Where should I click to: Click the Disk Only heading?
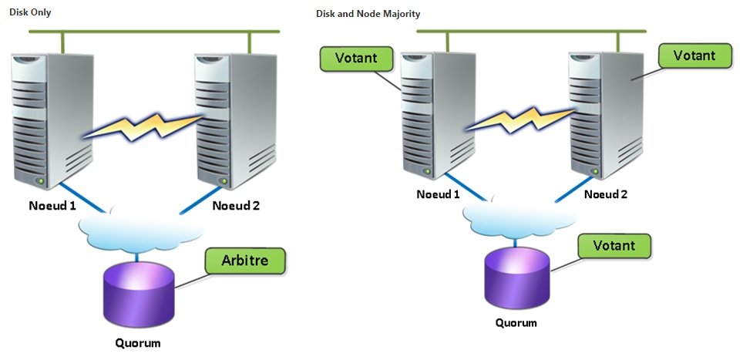(31, 13)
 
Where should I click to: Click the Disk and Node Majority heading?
(368, 14)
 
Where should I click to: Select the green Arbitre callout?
(245, 261)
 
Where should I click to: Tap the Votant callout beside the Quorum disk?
(614, 246)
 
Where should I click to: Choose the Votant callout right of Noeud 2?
(694, 56)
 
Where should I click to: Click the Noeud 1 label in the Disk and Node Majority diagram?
(438, 193)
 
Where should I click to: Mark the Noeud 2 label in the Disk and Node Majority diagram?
(605, 193)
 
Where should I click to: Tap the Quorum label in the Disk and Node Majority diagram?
(516, 322)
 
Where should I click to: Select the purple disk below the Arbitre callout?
(139, 294)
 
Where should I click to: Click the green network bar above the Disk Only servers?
(154, 31)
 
